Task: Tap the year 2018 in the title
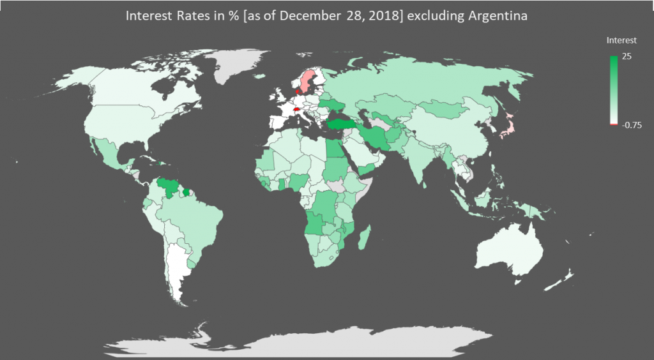coord(379,17)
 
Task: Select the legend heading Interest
coord(621,40)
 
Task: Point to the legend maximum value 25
coord(627,57)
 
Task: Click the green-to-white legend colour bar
coord(614,89)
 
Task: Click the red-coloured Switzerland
coord(295,109)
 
